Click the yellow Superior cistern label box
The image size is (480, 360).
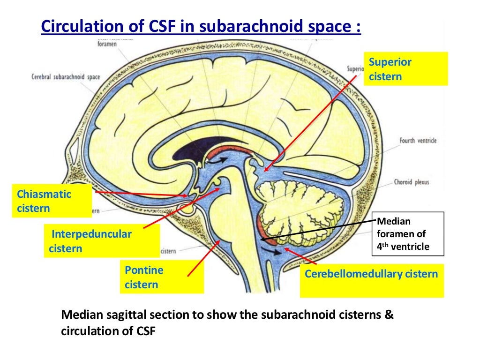tap(405, 69)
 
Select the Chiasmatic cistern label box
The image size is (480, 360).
tap(52, 201)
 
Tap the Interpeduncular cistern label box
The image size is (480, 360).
tap(102, 241)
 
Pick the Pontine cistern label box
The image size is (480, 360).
tap(161, 277)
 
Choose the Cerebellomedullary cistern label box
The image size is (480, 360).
tap(371, 282)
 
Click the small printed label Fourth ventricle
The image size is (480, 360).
tap(419, 140)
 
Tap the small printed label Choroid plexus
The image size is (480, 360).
tap(412, 182)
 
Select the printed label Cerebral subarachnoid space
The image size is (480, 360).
tap(66, 77)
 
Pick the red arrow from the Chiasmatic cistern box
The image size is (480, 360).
tap(141, 194)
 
